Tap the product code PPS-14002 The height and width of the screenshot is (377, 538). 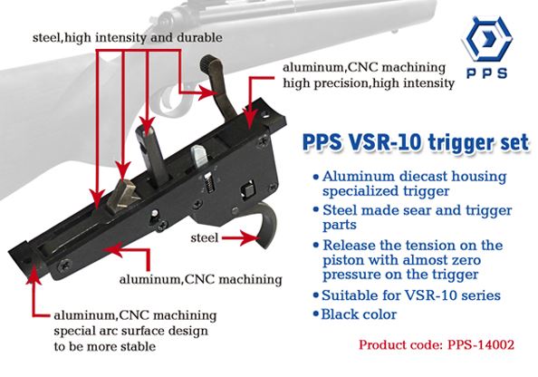pyautogui.click(x=481, y=344)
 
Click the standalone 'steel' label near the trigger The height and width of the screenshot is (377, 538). pyautogui.click(x=205, y=237)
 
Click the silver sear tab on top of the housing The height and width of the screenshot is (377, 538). pyautogui.click(x=199, y=157)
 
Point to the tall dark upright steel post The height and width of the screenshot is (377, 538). pyautogui.click(x=152, y=153)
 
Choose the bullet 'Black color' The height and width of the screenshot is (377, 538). pyautogui.click(x=359, y=314)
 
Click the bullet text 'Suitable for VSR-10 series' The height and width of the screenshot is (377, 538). pyautogui.click(x=410, y=295)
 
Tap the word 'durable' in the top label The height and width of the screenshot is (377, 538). pyautogui.click(x=199, y=37)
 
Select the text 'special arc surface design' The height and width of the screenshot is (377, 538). pyautogui.click(x=130, y=331)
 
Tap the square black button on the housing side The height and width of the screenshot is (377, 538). pyautogui.click(x=247, y=190)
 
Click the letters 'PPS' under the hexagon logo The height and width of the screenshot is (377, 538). pyautogui.click(x=487, y=72)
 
